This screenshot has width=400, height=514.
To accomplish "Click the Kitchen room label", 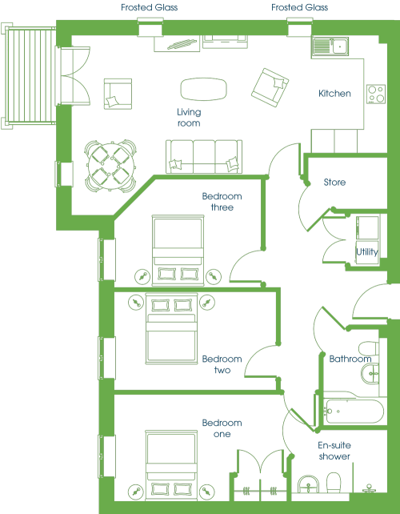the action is click(334, 94).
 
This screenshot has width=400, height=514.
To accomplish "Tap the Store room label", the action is click(334, 182).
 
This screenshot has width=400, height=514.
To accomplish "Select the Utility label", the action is click(367, 251).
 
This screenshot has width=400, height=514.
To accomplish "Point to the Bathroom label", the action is click(350, 359).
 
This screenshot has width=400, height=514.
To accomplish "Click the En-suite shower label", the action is click(334, 451).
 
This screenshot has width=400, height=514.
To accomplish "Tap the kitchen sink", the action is click(330, 45).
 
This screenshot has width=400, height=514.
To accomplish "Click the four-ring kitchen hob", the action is click(376, 94).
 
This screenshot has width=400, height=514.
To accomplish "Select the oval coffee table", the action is click(203, 89).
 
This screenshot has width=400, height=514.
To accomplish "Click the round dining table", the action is click(111, 167).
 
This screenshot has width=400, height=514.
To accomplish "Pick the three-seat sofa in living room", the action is click(204, 156).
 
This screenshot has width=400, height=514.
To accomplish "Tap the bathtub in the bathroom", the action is click(354, 411).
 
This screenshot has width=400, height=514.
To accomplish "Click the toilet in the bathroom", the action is click(369, 348).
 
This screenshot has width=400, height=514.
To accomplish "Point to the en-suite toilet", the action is click(334, 483).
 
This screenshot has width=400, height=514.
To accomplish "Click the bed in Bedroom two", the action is click(172, 329).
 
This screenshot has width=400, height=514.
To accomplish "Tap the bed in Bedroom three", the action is click(178, 250).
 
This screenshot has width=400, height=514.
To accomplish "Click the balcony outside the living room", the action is click(29, 76).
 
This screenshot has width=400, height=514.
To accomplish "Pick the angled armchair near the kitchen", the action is click(270, 87).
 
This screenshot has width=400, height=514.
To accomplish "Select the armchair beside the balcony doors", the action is click(118, 94).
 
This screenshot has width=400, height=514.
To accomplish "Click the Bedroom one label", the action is click(222, 428).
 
